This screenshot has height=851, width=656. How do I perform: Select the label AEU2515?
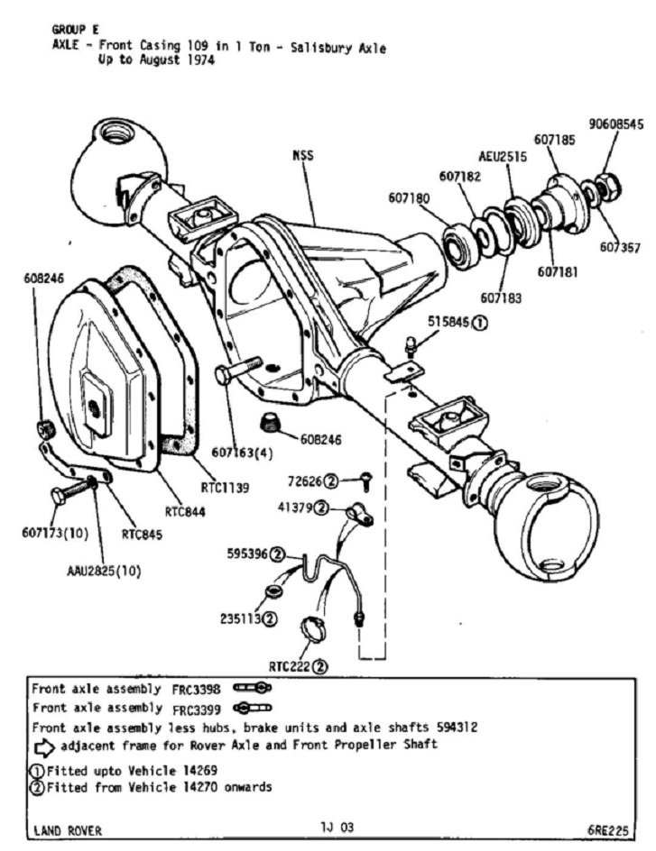pyautogui.click(x=504, y=156)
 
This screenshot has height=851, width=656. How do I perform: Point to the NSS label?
pyautogui.click(x=302, y=155)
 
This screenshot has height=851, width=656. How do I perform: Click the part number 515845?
pyautogui.click(x=447, y=322)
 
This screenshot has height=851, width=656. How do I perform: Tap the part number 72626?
pyautogui.click(x=305, y=481)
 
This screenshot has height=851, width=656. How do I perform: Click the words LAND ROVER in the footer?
pyautogui.click(x=68, y=830)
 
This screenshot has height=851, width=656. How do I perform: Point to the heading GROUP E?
pyautogui.click(x=75, y=30)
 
